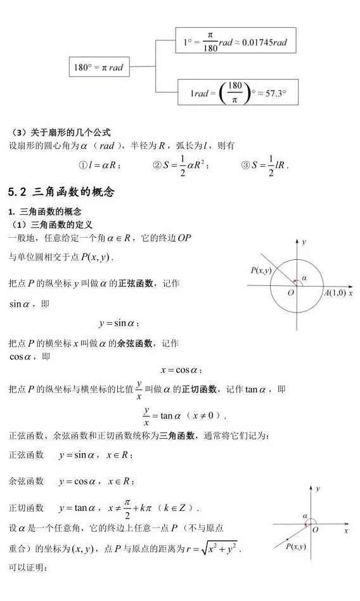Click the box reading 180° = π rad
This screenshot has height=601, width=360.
[98, 67]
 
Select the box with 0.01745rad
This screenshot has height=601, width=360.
[234, 42]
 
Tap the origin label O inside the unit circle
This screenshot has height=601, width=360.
[290, 292]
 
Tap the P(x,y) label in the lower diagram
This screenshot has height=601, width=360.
[295, 546]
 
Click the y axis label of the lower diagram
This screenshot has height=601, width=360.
[318, 489]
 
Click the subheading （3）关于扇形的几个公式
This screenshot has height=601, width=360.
[61, 132]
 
